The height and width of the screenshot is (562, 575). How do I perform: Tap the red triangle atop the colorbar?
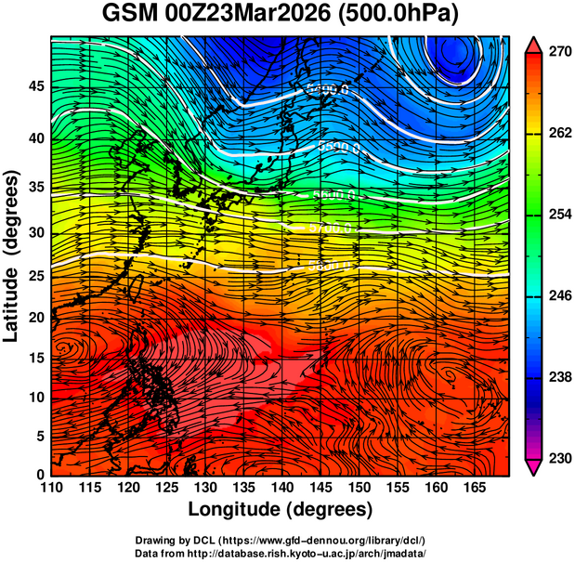coord(534,44)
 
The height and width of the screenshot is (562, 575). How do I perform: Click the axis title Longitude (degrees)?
coord(281,509)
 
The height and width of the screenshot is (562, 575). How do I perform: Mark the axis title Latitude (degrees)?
coord(13,255)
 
